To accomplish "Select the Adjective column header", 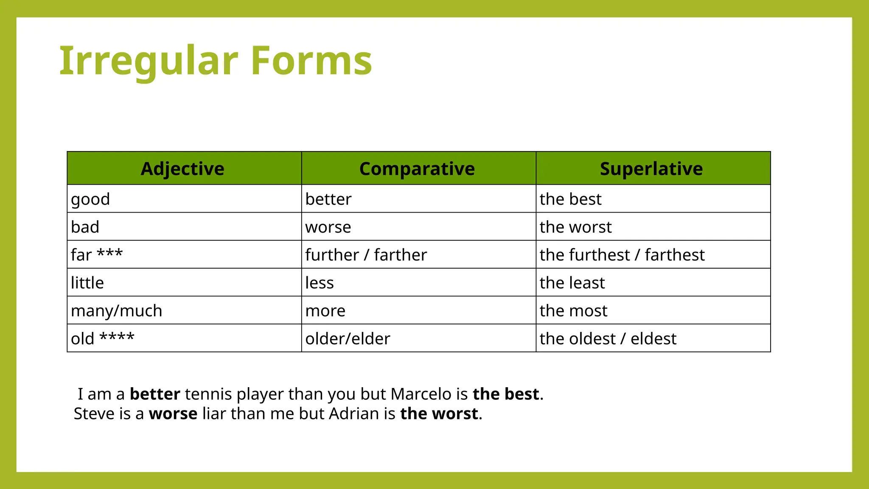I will (x=182, y=169).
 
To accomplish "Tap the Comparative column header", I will (x=417, y=169).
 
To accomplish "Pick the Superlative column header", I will (x=651, y=169).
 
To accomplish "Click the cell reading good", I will (x=90, y=199).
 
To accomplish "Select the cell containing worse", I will (x=328, y=227).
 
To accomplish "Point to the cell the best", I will (x=570, y=199).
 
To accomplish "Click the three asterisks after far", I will (x=110, y=253).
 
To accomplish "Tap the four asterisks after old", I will (x=117, y=337).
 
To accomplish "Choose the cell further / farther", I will (x=366, y=255).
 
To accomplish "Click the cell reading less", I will (x=320, y=283).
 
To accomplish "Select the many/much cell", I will (x=116, y=311).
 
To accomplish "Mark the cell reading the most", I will (x=573, y=311).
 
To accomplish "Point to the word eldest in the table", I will (x=653, y=339).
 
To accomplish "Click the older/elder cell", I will (x=348, y=339).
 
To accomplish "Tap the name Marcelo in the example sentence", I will (x=421, y=394).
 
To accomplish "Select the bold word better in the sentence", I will (x=155, y=394).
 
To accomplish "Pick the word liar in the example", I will (x=214, y=413).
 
